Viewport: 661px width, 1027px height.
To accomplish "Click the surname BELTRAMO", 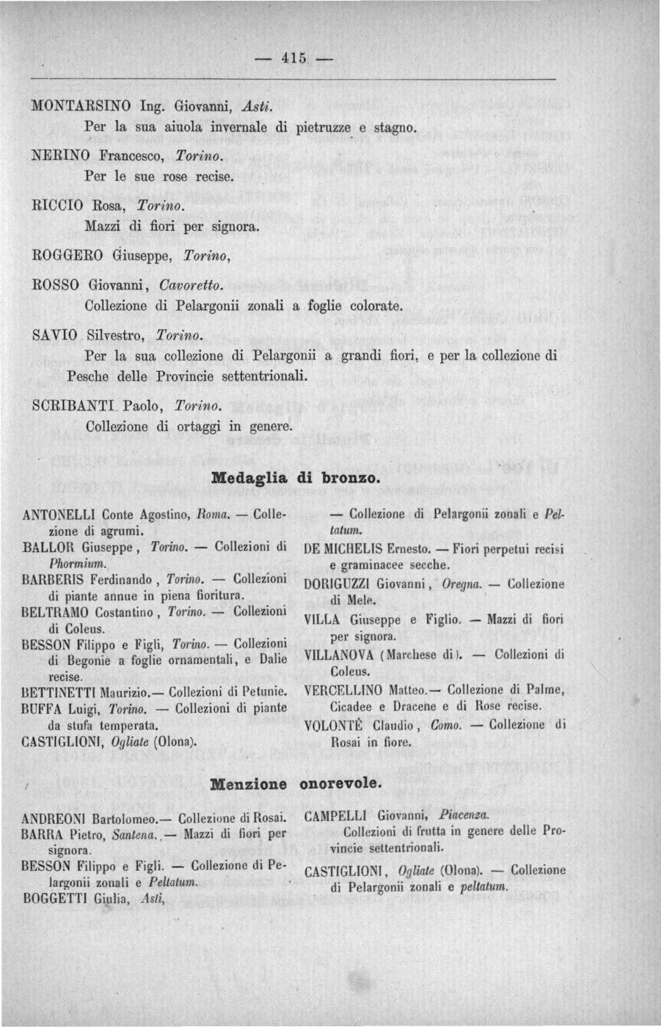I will pos(60,612).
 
